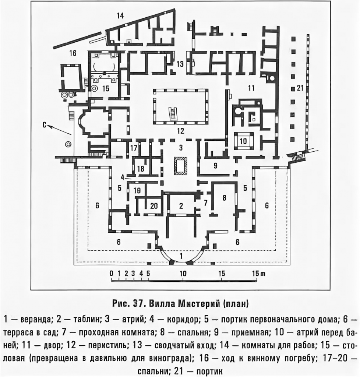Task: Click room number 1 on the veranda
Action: click(181, 256)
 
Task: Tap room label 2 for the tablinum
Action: click(181, 205)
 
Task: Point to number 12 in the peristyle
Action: click(180, 131)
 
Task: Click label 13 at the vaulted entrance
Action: click(180, 64)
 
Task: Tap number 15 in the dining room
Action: click(106, 88)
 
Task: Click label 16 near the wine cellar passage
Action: click(73, 53)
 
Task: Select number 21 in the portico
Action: click(300, 88)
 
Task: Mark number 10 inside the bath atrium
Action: click(243, 141)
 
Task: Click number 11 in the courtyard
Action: click(251, 88)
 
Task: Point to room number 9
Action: click(215, 165)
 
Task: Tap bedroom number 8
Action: click(224, 198)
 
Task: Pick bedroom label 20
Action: click(154, 206)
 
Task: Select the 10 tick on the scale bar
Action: click(183, 274)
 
